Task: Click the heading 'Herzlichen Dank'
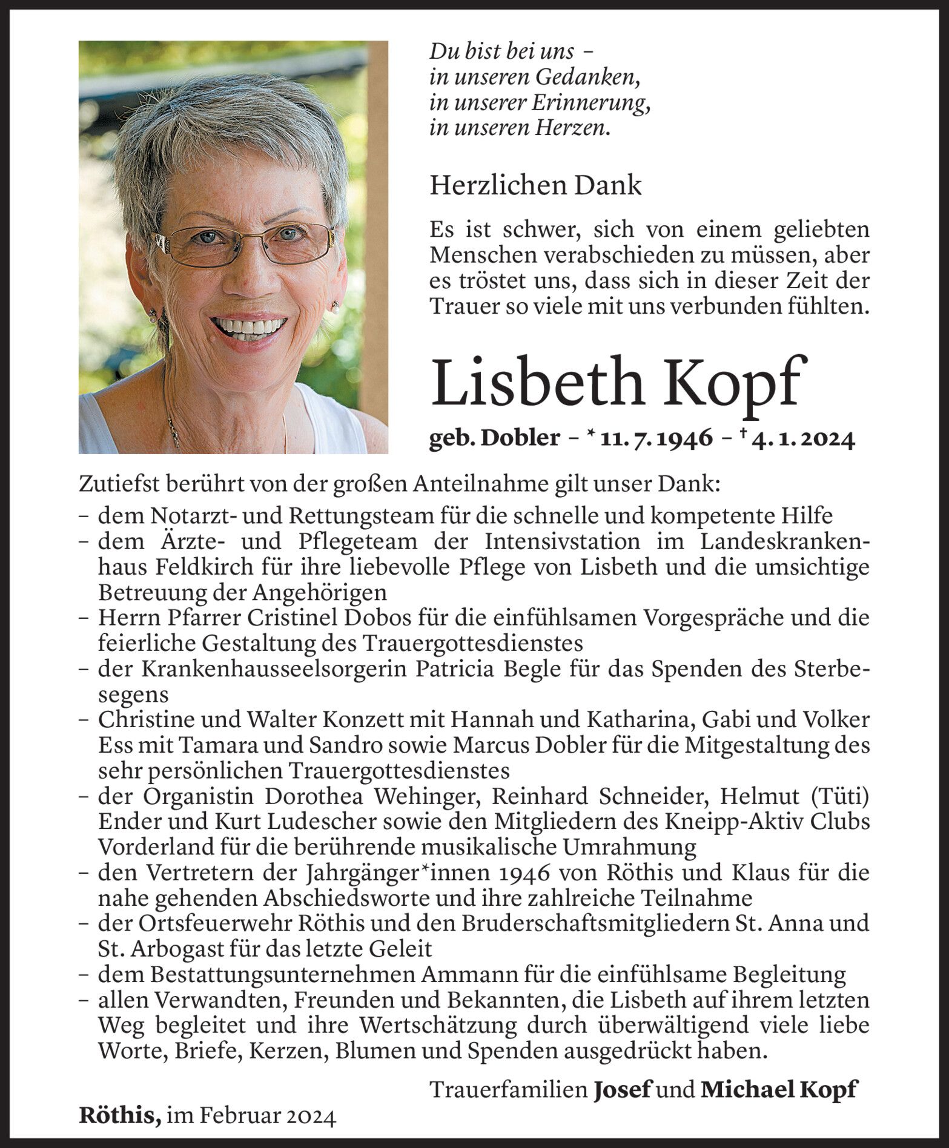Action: (535, 185)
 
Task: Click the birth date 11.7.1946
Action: (656, 438)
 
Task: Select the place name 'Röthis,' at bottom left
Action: (120, 1115)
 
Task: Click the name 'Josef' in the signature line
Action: (622, 1089)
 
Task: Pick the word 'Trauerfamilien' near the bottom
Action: (508, 1089)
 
